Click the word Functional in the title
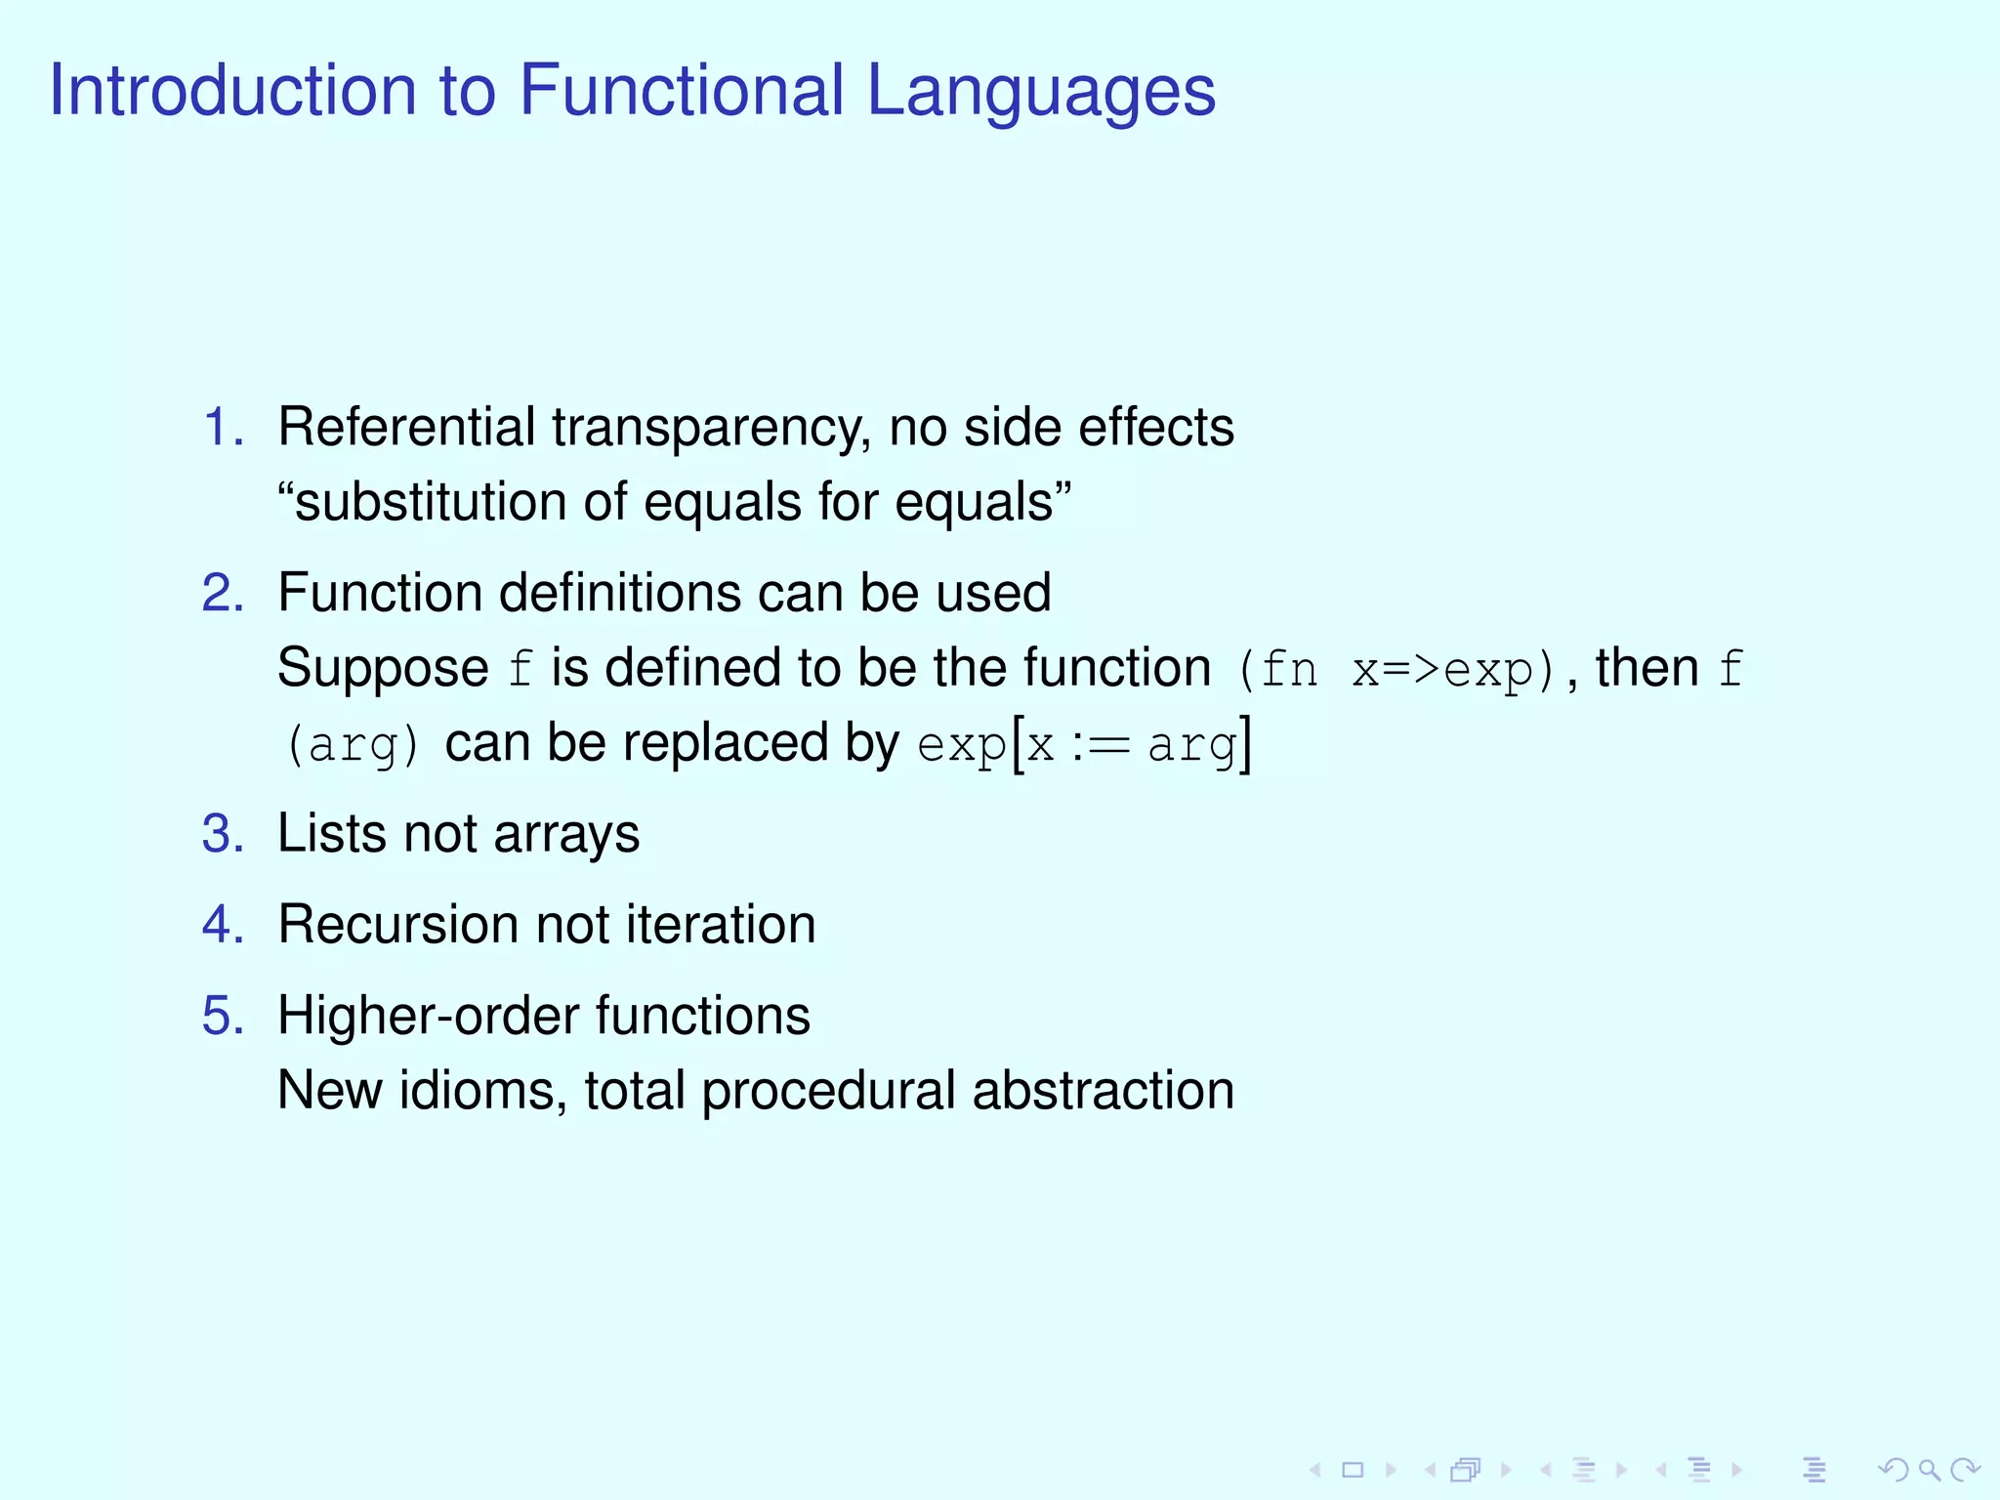681,90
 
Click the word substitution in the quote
429,502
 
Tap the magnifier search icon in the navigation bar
1929,1470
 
